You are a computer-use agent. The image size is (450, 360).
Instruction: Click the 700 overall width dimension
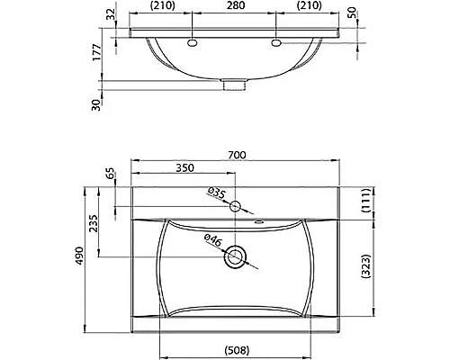(237, 155)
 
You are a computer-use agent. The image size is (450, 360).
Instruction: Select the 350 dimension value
(185, 167)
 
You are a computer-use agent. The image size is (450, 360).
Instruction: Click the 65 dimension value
(112, 175)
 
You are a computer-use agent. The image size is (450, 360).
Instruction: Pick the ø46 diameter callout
(213, 239)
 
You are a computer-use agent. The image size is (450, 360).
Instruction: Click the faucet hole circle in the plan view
(236, 206)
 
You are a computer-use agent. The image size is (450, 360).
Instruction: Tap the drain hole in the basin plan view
(236, 256)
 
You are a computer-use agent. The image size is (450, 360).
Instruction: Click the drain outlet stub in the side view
(236, 85)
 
